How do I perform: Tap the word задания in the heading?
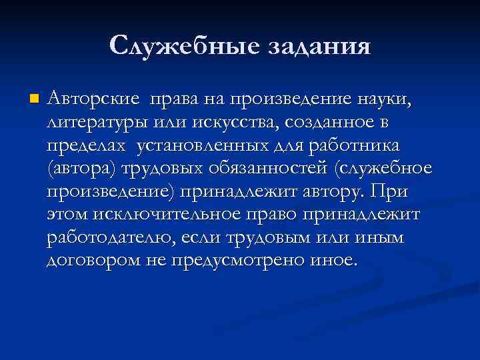318,46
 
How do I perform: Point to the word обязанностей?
267,169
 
